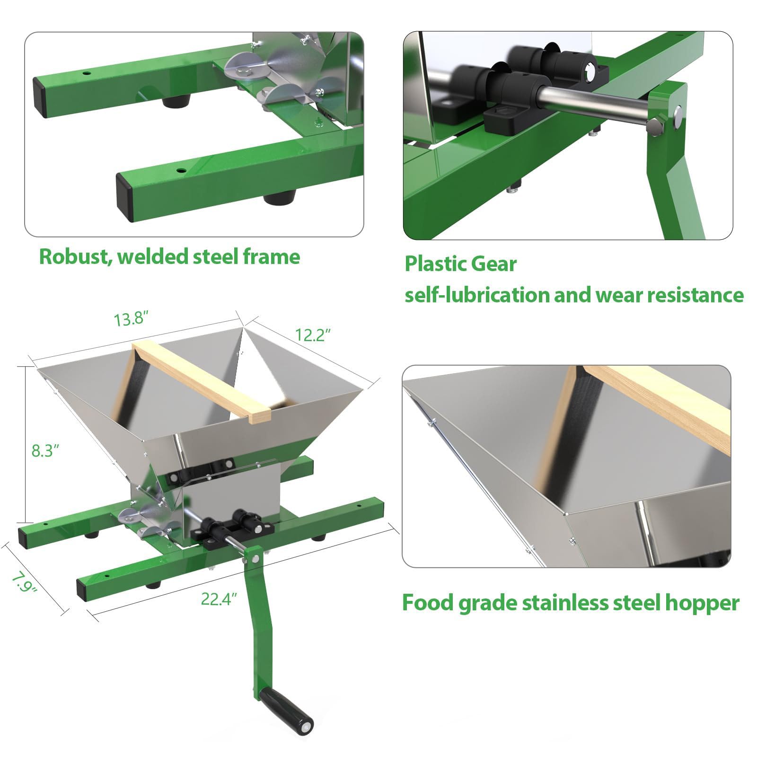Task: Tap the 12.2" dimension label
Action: pos(313,334)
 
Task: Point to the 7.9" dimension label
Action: pos(24,584)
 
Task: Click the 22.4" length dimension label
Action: pos(219,599)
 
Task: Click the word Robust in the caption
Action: pos(76,256)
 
